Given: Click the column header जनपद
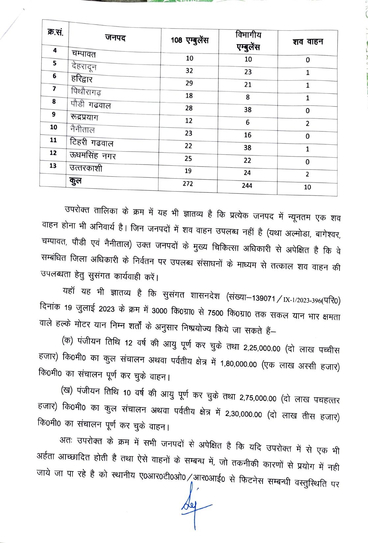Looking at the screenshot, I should point(115,38).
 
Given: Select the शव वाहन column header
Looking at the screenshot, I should point(308,42).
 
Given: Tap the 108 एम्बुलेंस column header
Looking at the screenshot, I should point(189,40).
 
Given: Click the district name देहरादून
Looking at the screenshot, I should point(84,66).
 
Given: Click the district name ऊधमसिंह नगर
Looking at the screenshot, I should point(93,155).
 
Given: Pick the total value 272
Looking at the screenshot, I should point(188,184).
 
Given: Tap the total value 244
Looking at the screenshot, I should point(247,186).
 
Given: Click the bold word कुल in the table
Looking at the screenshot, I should point(75,181).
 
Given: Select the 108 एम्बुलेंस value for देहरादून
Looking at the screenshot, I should point(189,71).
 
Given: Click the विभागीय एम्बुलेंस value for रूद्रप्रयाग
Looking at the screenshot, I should point(247,122).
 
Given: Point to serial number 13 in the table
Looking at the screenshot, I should point(53,166).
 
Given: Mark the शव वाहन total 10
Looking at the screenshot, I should point(307,187).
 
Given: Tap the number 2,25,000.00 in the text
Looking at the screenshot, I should point(262,348).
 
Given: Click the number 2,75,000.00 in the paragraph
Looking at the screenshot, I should point(258,398).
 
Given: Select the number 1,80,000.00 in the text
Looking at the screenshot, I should point(239,364).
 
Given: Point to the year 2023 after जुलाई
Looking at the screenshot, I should point(106,309).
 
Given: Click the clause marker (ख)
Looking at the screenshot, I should point(67,391).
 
